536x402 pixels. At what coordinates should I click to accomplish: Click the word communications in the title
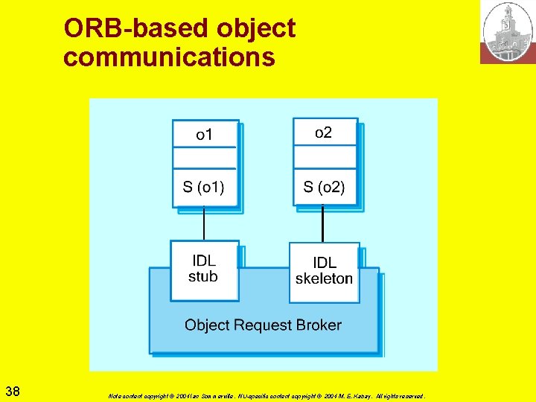(x=169, y=57)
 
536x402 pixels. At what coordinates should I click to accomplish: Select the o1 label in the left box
(x=204, y=135)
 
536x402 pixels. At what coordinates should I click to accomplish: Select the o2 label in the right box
(x=324, y=133)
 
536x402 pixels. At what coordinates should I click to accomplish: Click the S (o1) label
(x=203, y=187)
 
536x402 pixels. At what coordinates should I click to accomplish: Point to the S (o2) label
(x=324, y=187)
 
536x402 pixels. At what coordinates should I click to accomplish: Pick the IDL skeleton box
(x=324, y=271)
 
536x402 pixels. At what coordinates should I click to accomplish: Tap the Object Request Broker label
(x=263, y=325)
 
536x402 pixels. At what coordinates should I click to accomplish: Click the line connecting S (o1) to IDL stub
(x=204, y=223)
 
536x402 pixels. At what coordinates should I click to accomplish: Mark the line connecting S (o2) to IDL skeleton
(x=322, y=224)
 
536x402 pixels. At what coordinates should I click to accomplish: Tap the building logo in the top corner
(x=507, y=32)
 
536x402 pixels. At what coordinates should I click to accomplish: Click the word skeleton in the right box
(x=324, y=279)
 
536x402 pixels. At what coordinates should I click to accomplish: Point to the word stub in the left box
(x=203, y=277)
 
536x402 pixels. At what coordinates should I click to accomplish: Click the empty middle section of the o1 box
(x=204, y=158)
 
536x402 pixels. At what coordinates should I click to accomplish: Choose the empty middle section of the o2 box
(x=324, y=157)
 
